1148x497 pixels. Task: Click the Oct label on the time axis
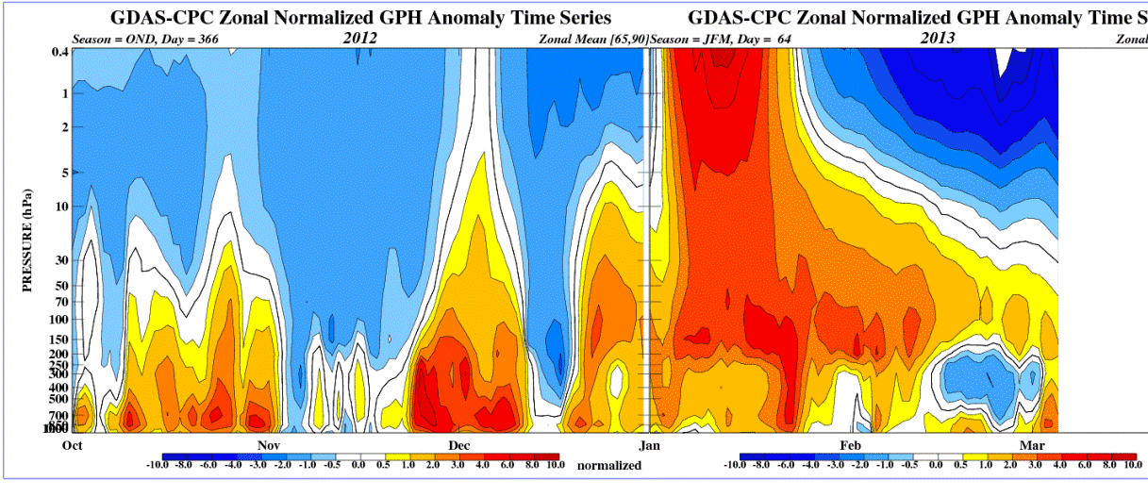point(72,444)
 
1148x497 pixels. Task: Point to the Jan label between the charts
point(648,444)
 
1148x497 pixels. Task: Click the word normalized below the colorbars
point(609,465)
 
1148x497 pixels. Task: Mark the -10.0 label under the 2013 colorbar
point(734,465)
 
